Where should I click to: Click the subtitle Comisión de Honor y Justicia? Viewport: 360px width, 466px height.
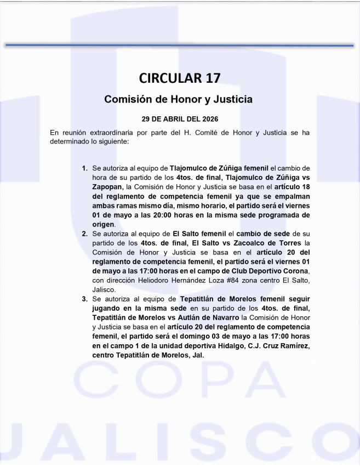(179, 100)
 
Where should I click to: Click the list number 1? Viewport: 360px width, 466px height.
(84, 168)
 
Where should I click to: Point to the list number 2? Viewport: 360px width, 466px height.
(84, 234)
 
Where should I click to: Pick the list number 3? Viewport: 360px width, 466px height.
(84, 299)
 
